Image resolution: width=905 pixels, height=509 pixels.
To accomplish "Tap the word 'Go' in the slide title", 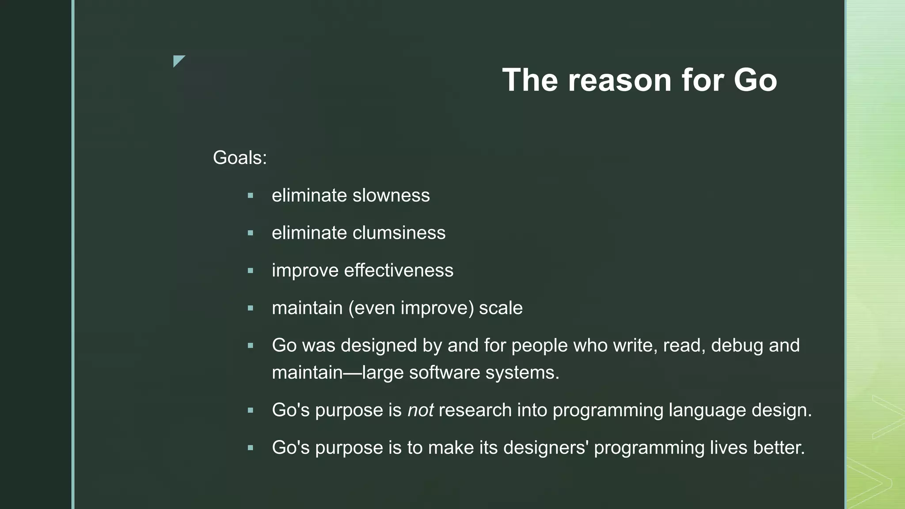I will click(x=755, y=80).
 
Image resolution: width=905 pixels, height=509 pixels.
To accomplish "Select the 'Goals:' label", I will click(x=240, y=158).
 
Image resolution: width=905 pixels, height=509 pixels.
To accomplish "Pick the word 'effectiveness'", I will click(x=399, y=270).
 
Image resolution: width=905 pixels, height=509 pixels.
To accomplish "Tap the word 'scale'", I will click(x=501, y=308).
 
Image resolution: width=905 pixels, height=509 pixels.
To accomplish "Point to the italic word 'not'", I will click(x=420, y=410).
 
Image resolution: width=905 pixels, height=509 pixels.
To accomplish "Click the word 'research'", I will click(x=475, y=410).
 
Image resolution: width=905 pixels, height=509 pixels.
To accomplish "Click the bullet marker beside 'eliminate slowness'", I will click(x=251, y=195).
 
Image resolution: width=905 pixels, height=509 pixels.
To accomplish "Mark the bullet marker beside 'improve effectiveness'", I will click(x=251, y=270).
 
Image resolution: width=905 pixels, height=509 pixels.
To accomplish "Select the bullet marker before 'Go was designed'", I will click(x=251, y=346).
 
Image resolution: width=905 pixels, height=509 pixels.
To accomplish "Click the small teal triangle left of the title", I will click(x=178, y=60).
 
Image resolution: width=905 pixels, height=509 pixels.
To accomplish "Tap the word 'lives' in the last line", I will click(x=729, y=448).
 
